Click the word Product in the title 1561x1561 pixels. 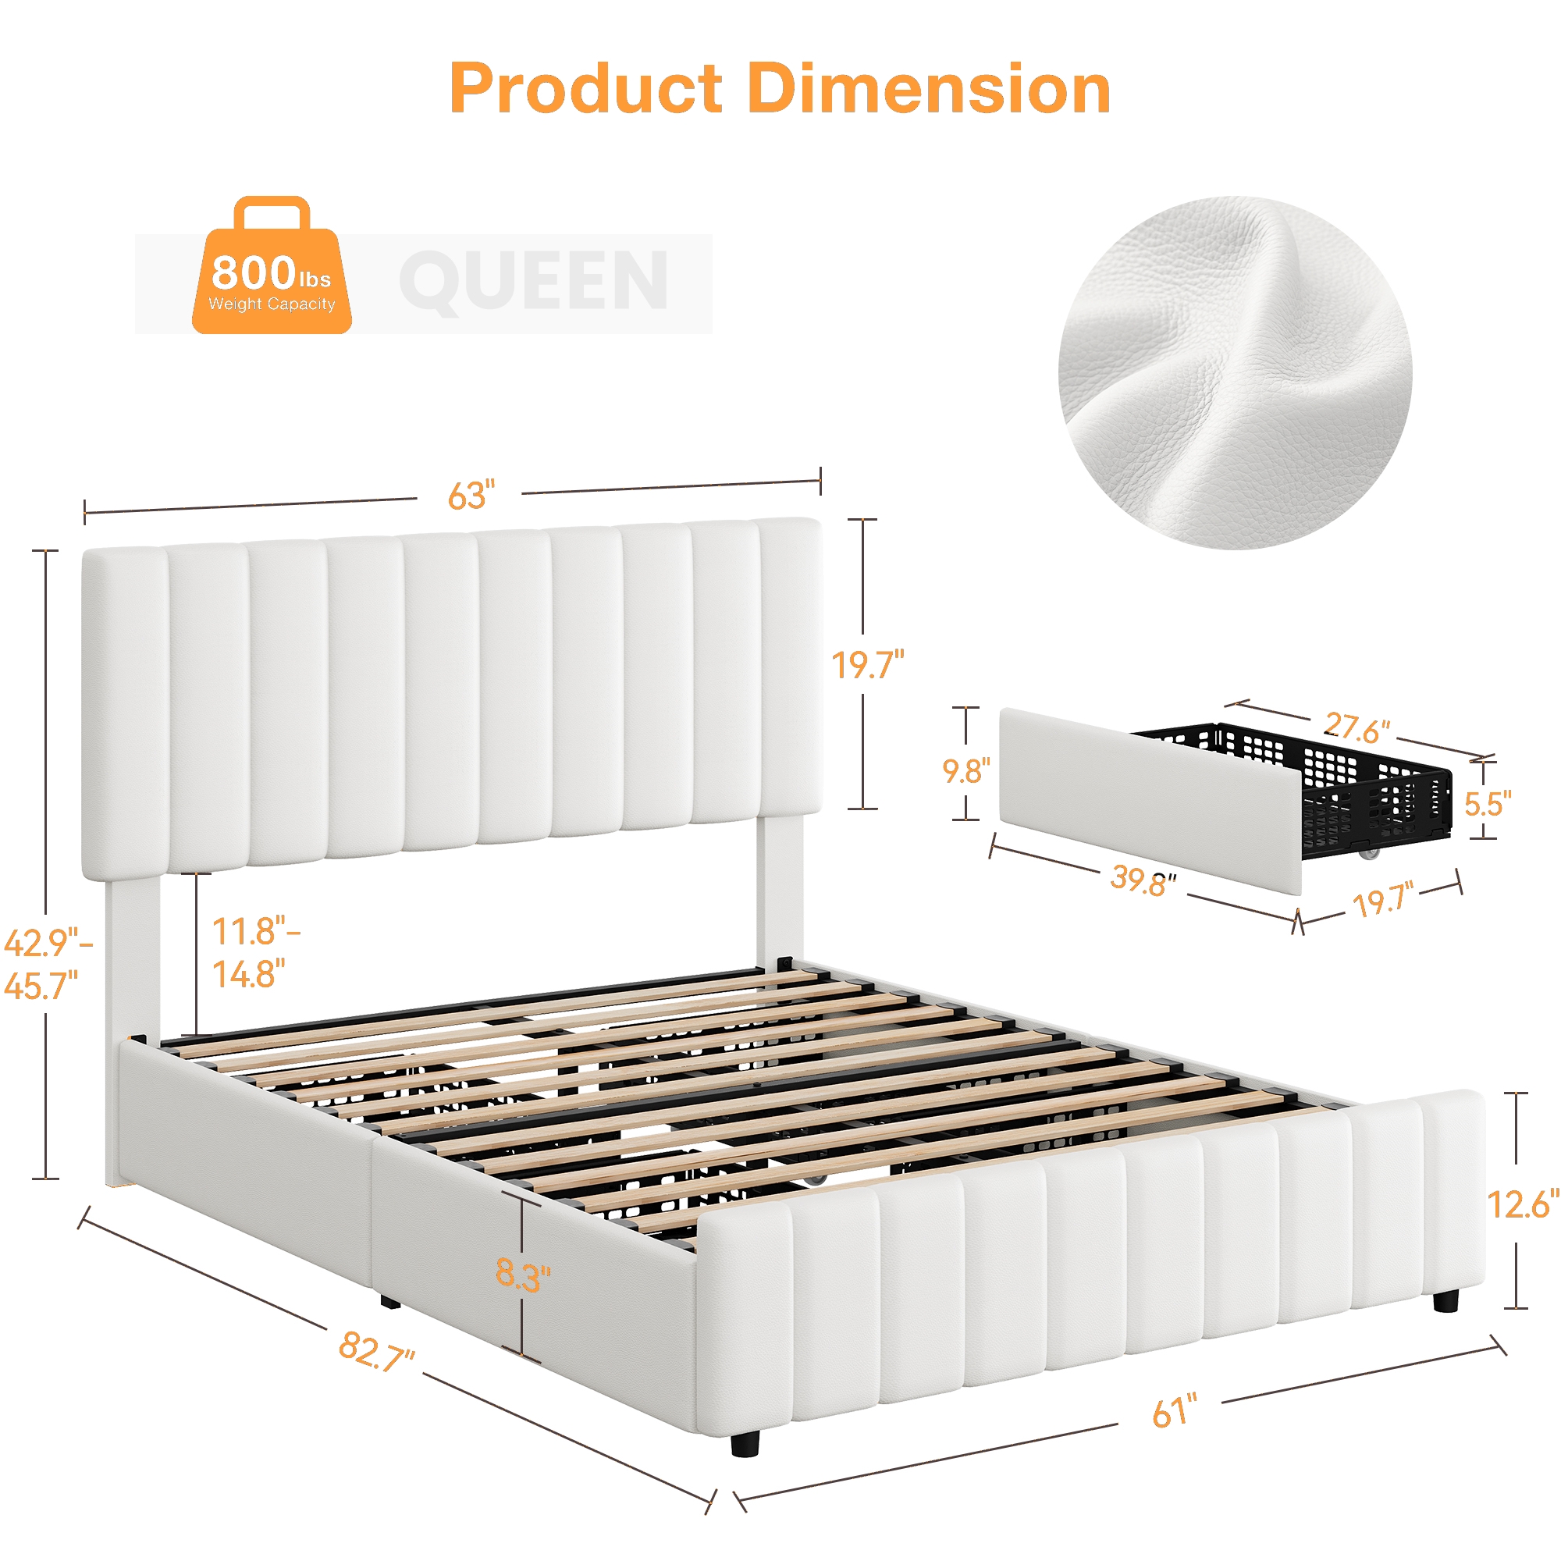coord(587,89)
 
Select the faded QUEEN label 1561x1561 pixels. coord(534,281)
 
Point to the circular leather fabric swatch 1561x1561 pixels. coord(1236,372)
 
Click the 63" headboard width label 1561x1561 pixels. coord(471,496)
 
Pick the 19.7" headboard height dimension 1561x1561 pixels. coord(868,665)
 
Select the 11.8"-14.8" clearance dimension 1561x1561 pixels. coord(256,954)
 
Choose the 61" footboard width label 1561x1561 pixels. coord(1175,1411)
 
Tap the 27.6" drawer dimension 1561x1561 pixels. coord(1357,728)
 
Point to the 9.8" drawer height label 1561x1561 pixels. coord(966,771)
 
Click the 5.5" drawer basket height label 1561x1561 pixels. coord(1488,804)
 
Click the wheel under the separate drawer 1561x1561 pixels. coord(1368,853)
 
